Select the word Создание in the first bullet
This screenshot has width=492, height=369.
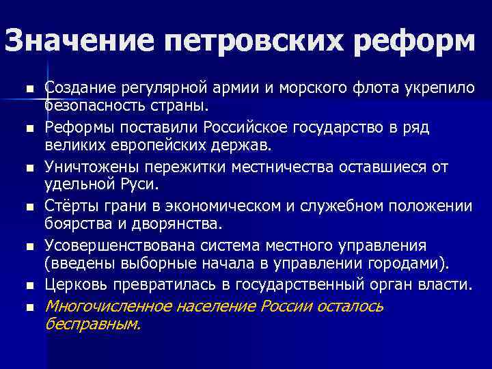click(80, 89)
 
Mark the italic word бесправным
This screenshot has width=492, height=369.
click(92, 325)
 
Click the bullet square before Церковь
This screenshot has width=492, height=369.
click(30, 284)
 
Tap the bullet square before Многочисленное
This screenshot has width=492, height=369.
click(30, 307)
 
